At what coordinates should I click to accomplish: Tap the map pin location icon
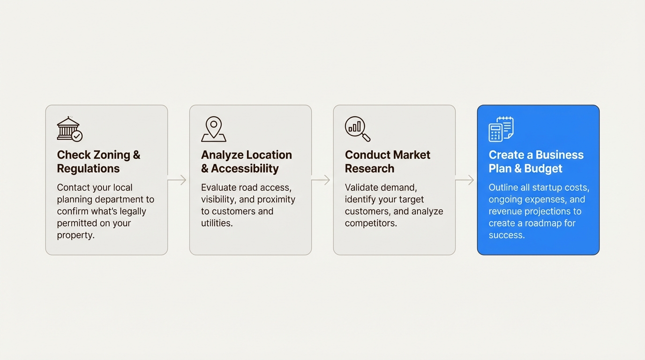coord(214,129)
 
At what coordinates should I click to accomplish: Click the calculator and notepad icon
coord(501,129)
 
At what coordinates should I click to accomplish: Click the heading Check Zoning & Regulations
coord(98,162)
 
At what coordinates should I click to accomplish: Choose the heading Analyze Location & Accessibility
coord(246,162)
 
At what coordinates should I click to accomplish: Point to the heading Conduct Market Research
coord(387,162)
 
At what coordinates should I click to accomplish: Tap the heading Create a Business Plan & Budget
coord(536,162)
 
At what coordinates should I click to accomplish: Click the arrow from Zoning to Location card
coord(178,180)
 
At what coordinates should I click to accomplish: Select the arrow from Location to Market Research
coord(322,180)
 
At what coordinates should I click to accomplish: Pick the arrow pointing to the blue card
coord(466,180)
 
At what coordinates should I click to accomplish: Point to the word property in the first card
coord(75,235)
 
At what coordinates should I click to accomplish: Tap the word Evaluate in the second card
coord(218,187)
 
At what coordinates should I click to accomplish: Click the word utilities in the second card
coord(217,223)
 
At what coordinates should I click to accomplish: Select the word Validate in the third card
coord(361,187)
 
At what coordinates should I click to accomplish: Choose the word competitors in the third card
coord(370,223)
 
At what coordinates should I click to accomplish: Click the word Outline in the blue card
coord(503,187)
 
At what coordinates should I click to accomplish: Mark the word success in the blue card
coord(506,235)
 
